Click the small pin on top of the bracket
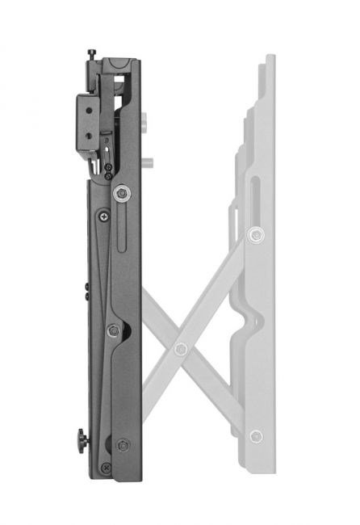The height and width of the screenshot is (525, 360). pos(91,53)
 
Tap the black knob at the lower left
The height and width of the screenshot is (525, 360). pos(81,441)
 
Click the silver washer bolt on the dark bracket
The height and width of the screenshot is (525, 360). pos(121,192)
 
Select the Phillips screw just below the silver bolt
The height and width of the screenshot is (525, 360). pos(103,216)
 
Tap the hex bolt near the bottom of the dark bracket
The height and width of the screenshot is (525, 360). pos(122,445)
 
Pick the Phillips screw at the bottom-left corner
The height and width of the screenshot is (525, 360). pos(104,468)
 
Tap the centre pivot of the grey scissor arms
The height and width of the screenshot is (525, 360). pos(181,349)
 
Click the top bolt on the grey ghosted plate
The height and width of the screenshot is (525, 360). pos(256,235)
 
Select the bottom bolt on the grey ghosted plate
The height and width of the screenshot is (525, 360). pos(256,436)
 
